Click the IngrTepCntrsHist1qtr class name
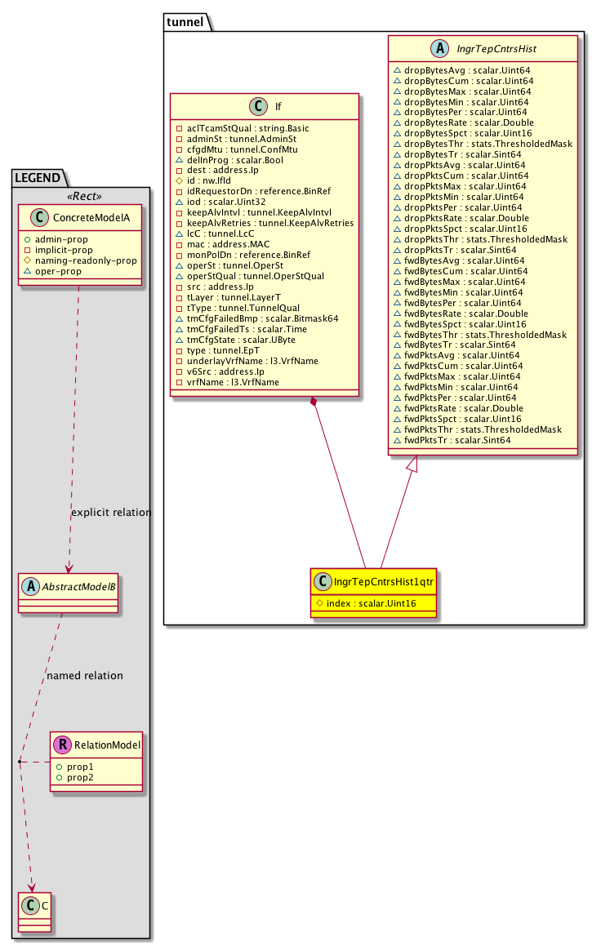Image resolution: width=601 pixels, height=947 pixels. click(x=384, y=581)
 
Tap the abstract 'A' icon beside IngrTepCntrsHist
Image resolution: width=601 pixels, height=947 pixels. click(x=439, y=48)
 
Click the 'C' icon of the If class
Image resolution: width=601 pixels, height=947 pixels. click(x=258, y=106)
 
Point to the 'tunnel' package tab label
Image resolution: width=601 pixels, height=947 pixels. click(x=185, y=22)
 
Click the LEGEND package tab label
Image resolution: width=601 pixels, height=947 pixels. click(x=38, y=178)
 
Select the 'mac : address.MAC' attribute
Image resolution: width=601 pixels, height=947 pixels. click(x=229, y=244)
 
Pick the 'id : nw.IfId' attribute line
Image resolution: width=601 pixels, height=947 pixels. click(x=208, y=180)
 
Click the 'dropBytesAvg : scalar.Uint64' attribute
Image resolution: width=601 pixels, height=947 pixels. click(x=467, y=70)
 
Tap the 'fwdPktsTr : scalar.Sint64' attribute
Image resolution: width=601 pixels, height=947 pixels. click(x=457, y=440)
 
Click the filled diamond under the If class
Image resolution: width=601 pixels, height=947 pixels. click(x=313, y=402)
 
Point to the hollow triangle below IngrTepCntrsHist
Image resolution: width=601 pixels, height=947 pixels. click(x=412, y=463)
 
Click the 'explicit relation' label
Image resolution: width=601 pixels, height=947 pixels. click(x=111, y=512)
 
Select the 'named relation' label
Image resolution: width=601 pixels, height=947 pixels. click(x=85, y=675)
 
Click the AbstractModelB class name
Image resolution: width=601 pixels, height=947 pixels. click(x=78, y=586)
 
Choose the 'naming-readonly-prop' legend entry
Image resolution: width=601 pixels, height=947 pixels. click(x=86, y=260)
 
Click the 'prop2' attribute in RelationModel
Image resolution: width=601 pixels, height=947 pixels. click(x=80, y=777)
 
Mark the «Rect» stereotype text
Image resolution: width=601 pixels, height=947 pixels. click(x=85, y=196)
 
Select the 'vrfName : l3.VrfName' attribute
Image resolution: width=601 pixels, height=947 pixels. click(x=233, y=382)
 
